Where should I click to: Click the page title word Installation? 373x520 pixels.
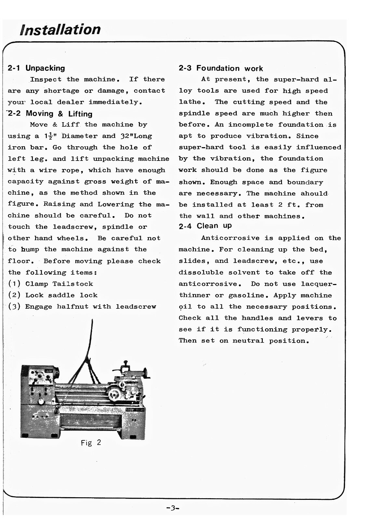coord(60,30)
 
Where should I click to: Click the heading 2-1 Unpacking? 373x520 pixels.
coord(36,68)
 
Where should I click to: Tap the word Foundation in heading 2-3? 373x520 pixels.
coord(218,68)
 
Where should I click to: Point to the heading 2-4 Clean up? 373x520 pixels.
coord(205,226)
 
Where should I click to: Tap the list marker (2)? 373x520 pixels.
coord(14,295)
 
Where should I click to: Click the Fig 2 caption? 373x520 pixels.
coord(91,442)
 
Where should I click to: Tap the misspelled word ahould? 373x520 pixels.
coord(314,193)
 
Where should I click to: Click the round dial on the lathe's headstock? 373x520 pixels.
coord(41,402)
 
